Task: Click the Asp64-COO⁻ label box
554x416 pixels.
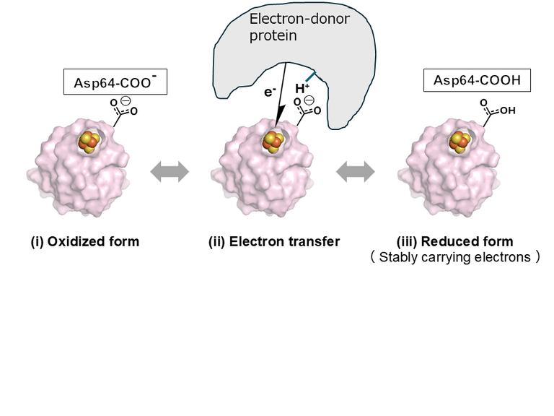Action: point(115,82)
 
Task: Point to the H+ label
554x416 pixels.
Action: point(302,88)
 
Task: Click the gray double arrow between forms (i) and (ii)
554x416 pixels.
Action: point(169,172)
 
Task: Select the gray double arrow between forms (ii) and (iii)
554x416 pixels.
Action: point(356,172)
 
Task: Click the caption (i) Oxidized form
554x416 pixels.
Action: point(84,241)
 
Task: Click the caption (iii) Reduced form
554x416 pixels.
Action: point(455,241)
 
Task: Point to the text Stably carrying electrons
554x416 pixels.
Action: point(469,256)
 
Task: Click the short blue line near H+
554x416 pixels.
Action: point(310,75)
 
